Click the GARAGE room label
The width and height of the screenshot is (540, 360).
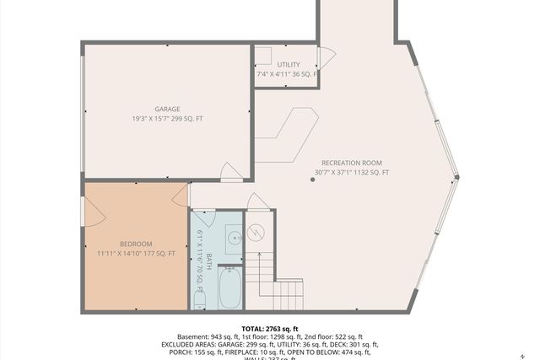[x=167, y=109]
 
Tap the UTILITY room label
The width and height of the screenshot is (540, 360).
[x=288, y=64]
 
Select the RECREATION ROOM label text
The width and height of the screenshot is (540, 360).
[x=351, y=163]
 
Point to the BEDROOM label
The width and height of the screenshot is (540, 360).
[x=135, y=244]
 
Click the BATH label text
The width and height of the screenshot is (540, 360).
[x=209, y=257]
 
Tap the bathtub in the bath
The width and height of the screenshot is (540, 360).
[x=231, y=287]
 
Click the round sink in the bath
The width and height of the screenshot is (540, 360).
[x=235, y=238]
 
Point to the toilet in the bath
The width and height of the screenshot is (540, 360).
[x=200, y=298]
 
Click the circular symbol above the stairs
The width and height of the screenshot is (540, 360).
[x=258, y=231]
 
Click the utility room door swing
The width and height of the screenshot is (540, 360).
[x=326, y=58]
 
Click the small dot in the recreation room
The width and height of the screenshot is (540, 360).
[x=311, y=179]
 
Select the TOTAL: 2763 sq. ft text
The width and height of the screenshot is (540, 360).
[x=270, y=329]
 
